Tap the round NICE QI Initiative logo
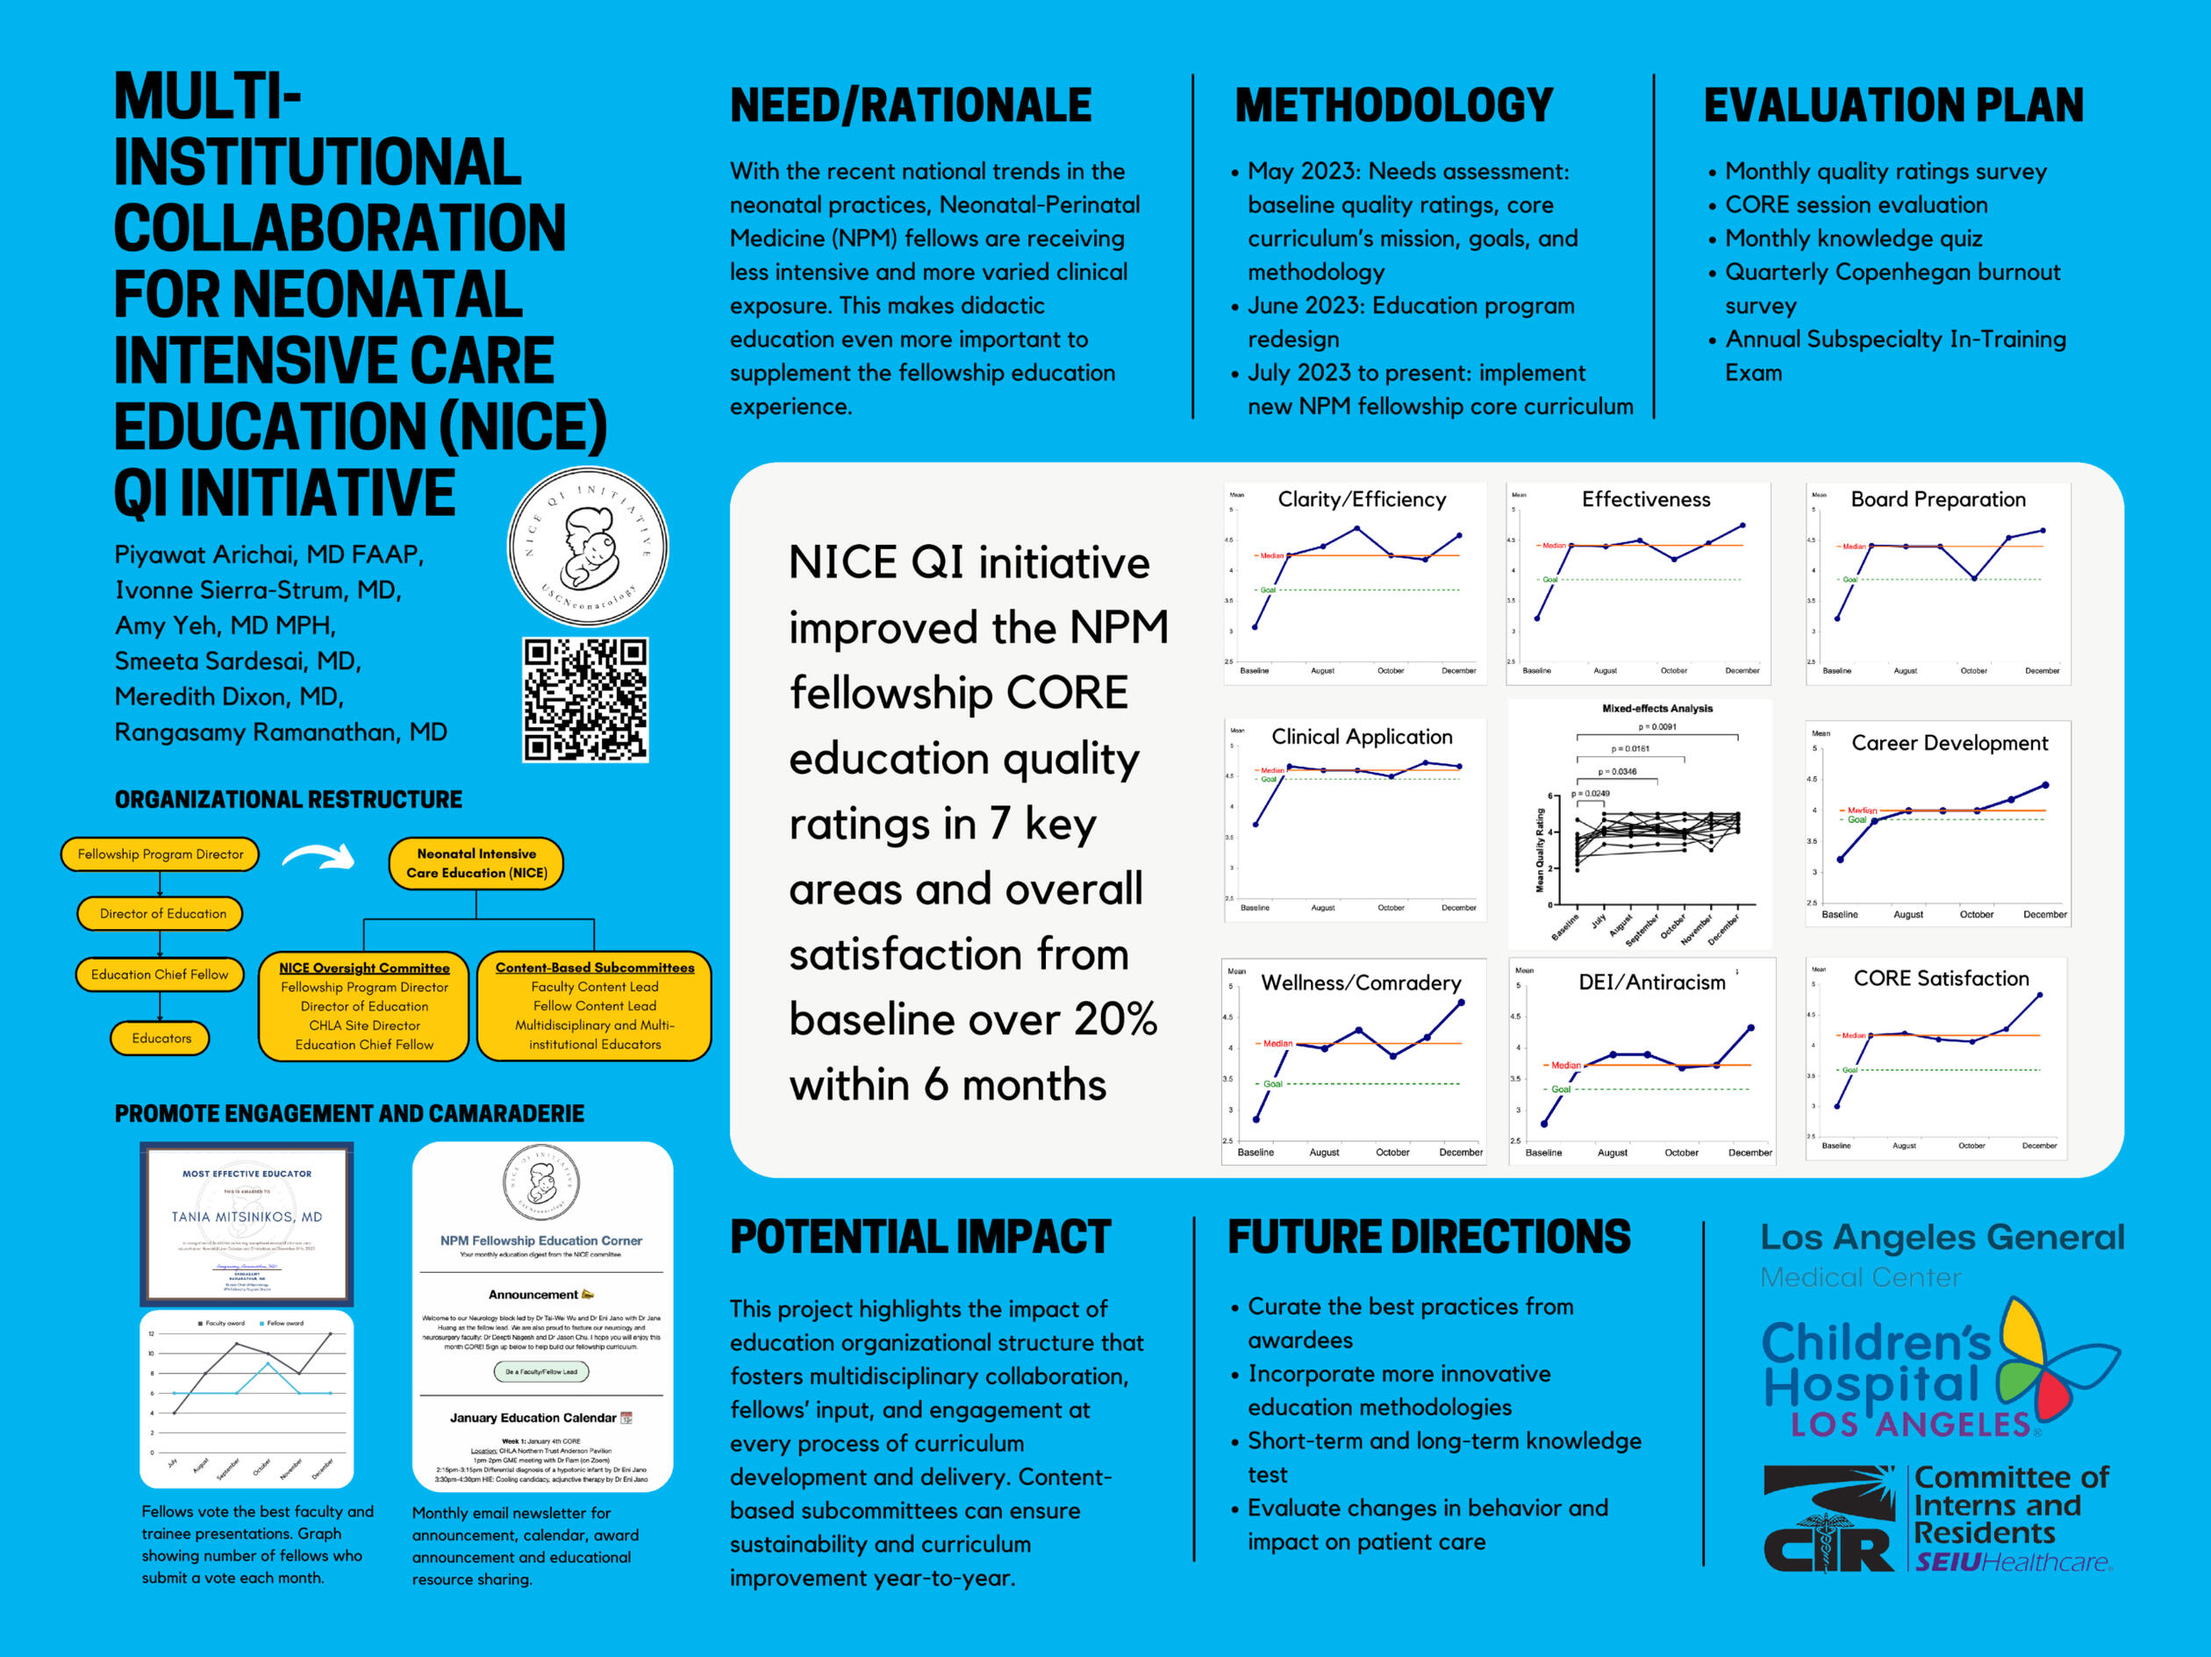[x=588, y=546]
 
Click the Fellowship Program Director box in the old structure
[x=160, y=854]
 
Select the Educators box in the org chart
[x=161, y=1039]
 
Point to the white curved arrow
[x=318, y=856]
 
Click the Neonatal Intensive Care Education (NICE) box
[x=476, y=863]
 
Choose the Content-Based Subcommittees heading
[x=595, y=968]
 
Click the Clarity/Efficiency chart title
[x=1362, y=500]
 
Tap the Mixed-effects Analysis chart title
[x=1657, y=709]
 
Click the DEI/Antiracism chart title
[x=1651, y=982]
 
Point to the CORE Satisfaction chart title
[x=1941, y=978]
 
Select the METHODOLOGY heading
[x=1393, y=106]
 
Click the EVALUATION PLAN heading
[x=1893, y=106]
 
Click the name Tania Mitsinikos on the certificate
[x=247, y=1218]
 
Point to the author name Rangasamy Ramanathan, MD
[x=281, y=732]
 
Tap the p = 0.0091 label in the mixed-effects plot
[x=1657, y=727]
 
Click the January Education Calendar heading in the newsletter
[x=533, y=1418]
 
